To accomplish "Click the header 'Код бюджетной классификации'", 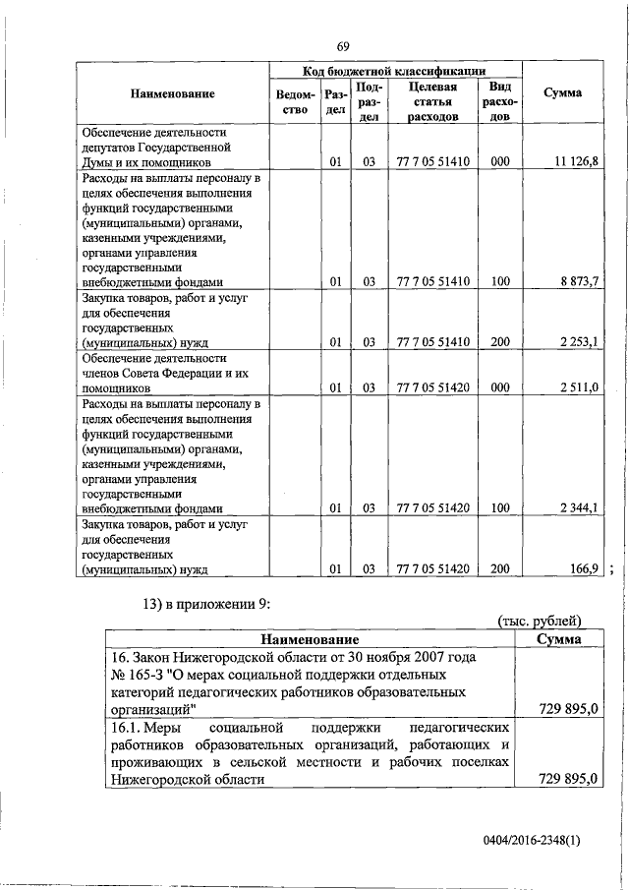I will [394, 72].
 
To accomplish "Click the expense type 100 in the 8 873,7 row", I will [499, 281].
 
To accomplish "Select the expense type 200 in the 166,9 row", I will [499, 567].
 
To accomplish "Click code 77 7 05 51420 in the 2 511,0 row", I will [432, 387].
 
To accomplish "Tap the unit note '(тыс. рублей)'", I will [540, 620].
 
